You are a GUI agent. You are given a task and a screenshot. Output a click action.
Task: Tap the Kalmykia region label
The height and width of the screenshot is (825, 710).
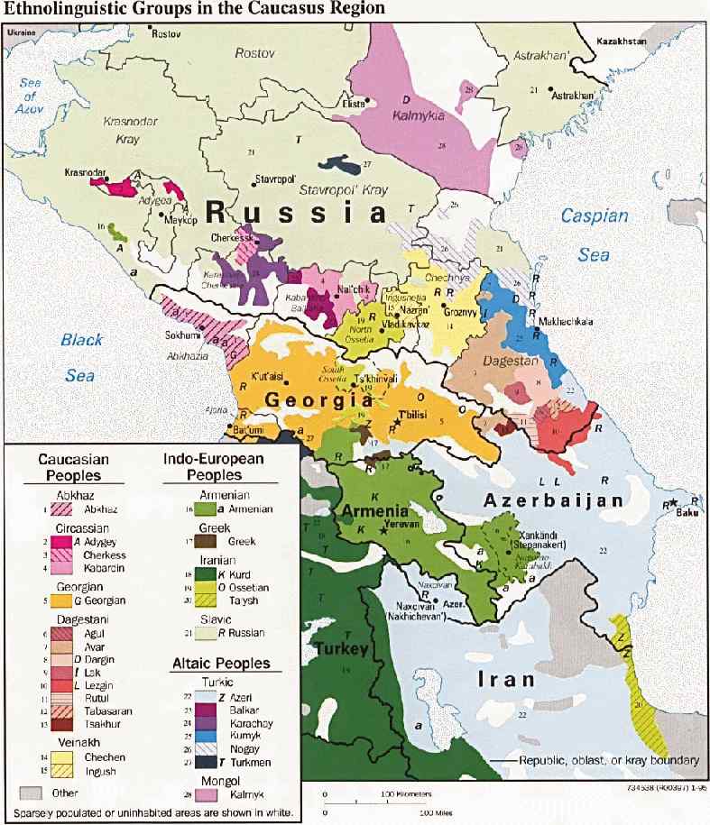(420, 115)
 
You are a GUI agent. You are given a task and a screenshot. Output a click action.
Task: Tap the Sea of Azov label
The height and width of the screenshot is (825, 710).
(34, 95)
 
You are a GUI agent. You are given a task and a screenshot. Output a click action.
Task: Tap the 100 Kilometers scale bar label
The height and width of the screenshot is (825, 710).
(406, 794)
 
